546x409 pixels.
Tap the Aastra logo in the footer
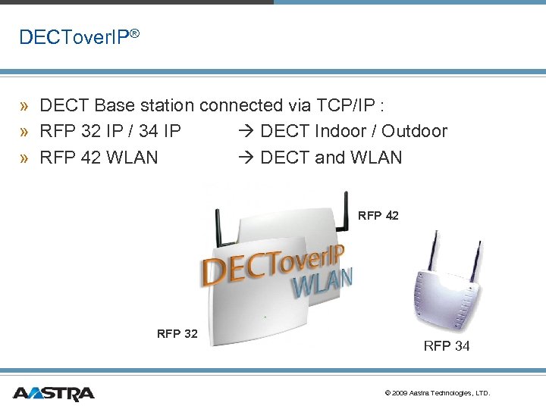click(x=53, y=393)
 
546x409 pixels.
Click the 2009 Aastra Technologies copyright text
click(x=438, y=393)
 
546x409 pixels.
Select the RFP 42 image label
click(x=378, y=216)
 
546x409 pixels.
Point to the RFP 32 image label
click(x=177, y=333)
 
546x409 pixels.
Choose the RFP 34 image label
click(x=446, y=346)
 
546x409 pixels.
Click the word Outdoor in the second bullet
click(x=414, y=131)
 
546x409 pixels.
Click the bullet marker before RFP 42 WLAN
click(x=25, y=158)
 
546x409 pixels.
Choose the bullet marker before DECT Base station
click(x=25, y=105)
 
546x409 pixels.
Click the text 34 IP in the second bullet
click(x=160, y=131)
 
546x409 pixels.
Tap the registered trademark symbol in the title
click(x=133, y=33)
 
